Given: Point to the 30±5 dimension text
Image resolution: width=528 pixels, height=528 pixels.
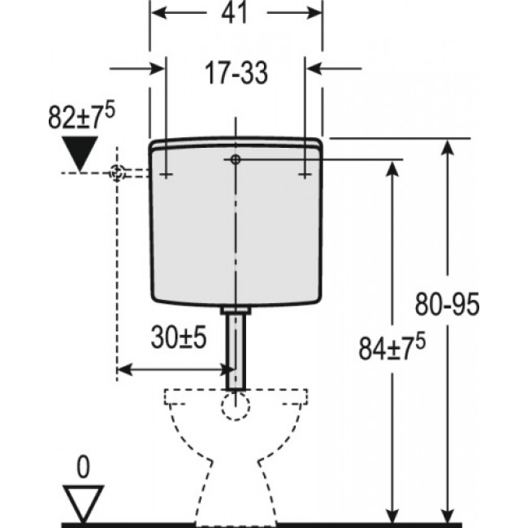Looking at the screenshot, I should (180, 336).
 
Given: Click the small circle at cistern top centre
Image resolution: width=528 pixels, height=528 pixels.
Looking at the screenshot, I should (234, 160).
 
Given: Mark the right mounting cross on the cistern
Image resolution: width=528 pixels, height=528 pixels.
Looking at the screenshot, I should (303, 173).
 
